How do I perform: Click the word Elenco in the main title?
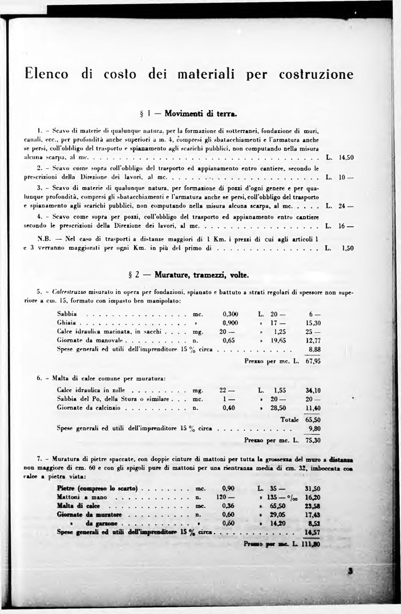tap(46, 75)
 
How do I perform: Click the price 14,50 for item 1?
tap(346, 156)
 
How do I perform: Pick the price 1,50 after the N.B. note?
tap(348, 248)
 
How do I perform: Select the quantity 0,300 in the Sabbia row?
tap(230, 314)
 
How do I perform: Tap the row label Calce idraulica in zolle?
tap(88, 390)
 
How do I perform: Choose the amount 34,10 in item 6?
tap(313, 390)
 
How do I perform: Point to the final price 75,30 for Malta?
tap(313, 440)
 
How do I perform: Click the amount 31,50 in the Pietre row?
tap(313, 488)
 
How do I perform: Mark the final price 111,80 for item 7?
tap(311, 544)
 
